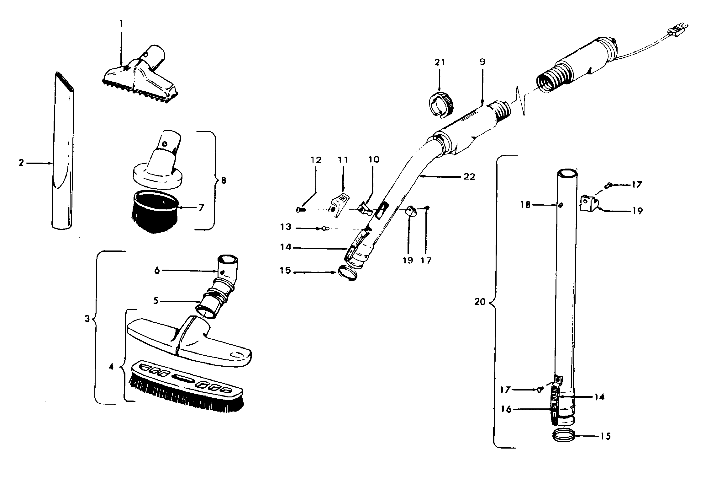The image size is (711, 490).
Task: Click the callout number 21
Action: [x=440, y=62]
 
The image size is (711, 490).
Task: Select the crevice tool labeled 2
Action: [x=63, y=151]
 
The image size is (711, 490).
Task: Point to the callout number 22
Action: [x=469, y=177]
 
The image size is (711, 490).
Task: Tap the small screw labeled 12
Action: [x=300, y=209]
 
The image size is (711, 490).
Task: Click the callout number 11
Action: [x=343, y=160]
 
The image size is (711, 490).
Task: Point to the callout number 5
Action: [x=156, y=301]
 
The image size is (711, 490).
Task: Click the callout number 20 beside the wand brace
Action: [x=480, y=302]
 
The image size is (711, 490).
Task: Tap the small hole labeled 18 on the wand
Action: [x=561, y=206]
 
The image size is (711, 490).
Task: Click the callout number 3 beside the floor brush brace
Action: [x=87, y=319]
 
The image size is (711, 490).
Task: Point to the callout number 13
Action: [x=286, y=227]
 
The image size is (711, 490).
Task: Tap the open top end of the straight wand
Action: [x=567, y=173]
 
